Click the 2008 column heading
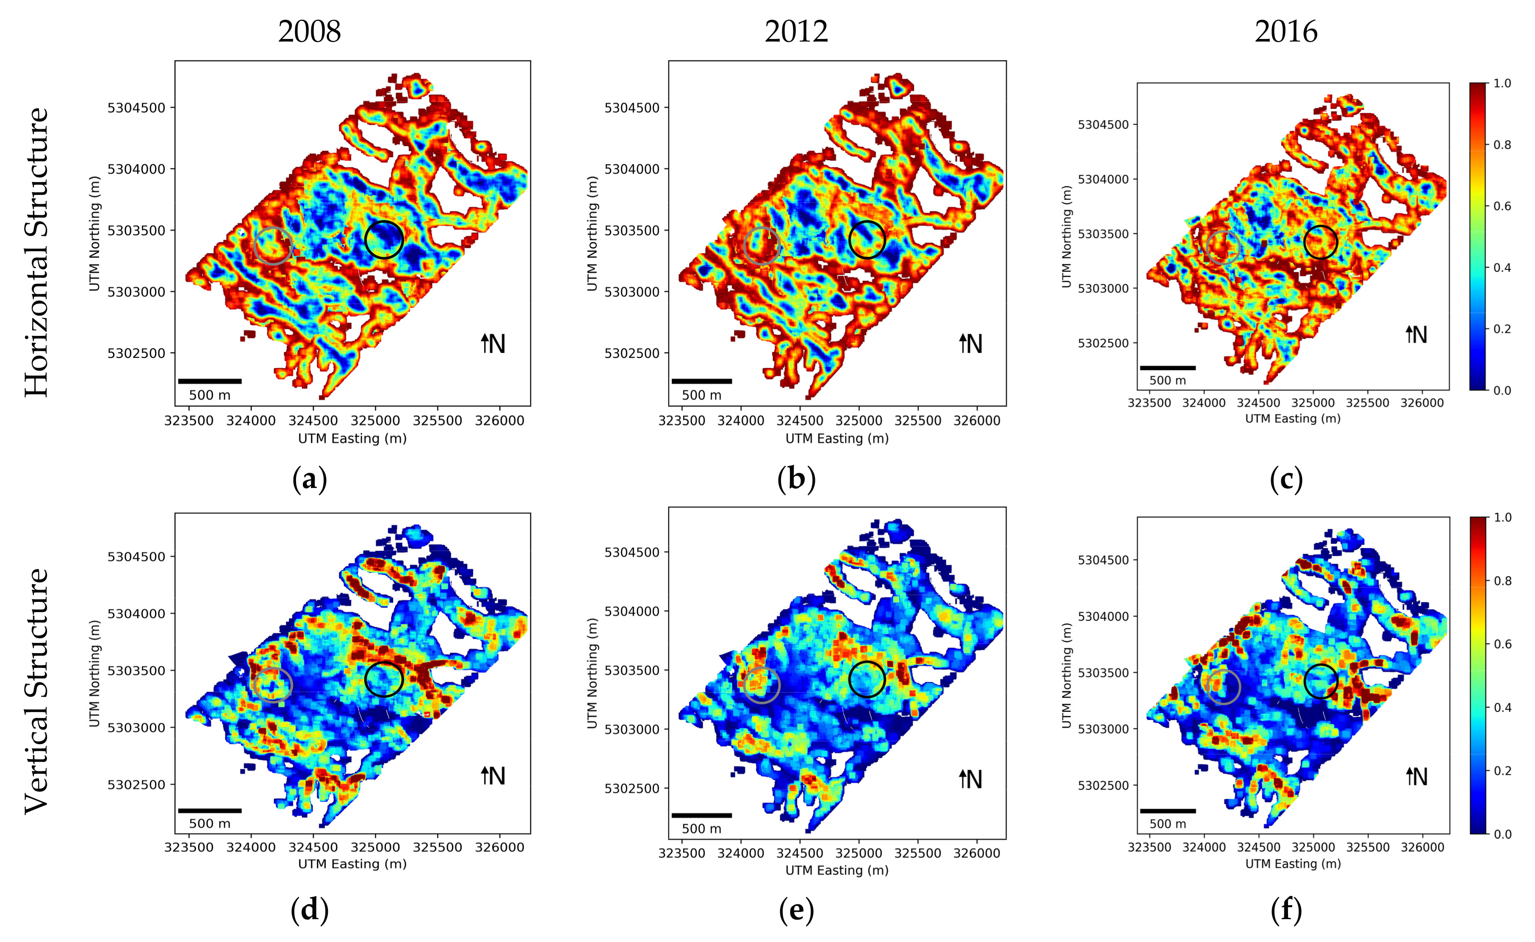(x=309, y=32)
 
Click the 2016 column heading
(x=1286, y=32)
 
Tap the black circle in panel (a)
(x=384, y=240)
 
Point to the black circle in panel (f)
(x=1320, y=681)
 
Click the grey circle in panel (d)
(x=273, y=684)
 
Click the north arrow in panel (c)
(x=1416, y=335)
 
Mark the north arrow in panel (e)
(x=970, y=779)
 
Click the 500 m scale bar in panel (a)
(x=210, y=381)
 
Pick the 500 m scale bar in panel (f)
(x=1167, y=811)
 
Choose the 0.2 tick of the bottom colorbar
(x=1502, y=771)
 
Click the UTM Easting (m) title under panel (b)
(x=837, y=439)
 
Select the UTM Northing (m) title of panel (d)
(x=95, y=673)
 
